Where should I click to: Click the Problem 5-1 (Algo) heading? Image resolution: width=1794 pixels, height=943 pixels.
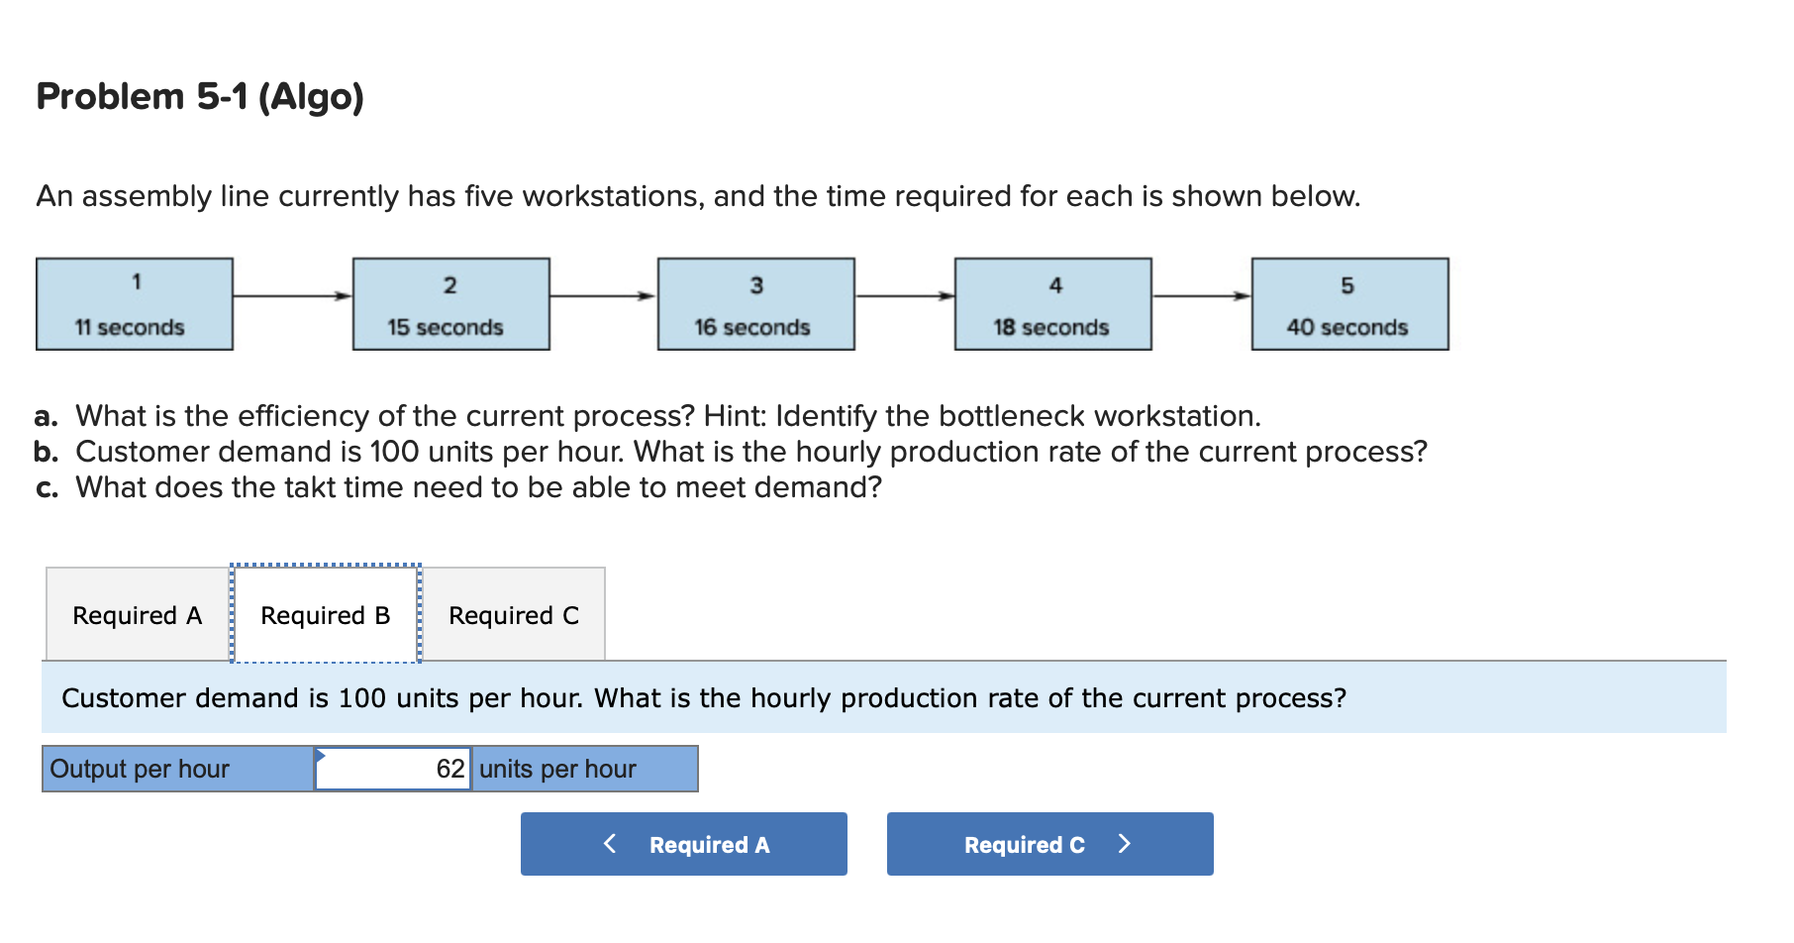point(200,97)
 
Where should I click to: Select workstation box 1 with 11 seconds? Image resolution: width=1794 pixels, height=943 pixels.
point(135,304)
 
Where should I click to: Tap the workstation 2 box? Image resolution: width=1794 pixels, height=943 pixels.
point(450,304)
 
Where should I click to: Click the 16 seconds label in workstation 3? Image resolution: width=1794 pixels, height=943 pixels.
point(752,327)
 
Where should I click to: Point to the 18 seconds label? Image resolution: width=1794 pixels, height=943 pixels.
point(1051,327)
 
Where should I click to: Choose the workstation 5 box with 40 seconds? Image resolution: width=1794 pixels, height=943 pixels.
point(1349,304)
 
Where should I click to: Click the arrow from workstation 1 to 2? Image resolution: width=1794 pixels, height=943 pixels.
point(292,295)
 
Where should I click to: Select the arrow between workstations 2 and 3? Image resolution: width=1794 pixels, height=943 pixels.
point(603,295)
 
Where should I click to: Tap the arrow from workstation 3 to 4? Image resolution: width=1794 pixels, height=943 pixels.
point(904,295)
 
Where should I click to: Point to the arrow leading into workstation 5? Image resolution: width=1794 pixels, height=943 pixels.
point(1201,295)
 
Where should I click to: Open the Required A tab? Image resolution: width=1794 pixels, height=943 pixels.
point(138,615)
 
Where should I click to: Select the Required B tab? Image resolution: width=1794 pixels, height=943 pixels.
point(326,615)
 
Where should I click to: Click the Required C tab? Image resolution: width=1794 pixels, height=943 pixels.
point(514,615)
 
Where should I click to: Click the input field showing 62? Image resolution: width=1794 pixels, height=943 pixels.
point(393,769)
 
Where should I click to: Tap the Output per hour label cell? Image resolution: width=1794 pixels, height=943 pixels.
point(177,769)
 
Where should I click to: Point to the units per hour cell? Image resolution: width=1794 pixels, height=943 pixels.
point(584,769)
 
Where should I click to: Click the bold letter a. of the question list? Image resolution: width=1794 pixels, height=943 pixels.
point(46,416)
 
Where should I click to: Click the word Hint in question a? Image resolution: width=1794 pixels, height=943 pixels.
point(732,416)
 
